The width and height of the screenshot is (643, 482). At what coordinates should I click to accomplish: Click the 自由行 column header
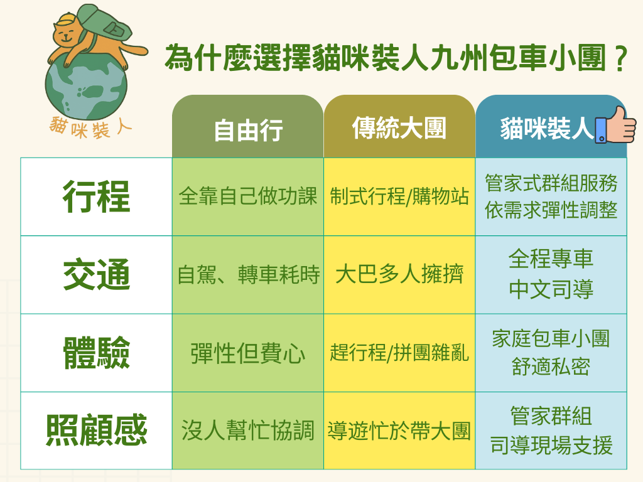coord(248,131)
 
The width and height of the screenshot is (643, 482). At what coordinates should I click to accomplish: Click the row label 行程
coord(97,196)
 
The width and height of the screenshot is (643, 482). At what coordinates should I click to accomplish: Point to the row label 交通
coord(97,275)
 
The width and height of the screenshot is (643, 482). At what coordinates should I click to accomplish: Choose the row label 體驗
coord(97,353)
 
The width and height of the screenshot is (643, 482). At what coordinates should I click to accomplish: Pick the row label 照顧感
coord(97,431)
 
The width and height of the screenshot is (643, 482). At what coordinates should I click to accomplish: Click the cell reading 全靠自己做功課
coord(248,196)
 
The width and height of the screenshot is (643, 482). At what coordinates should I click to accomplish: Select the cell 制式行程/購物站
coord(399,196)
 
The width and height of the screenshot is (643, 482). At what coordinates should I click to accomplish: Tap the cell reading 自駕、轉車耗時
coord(248,275)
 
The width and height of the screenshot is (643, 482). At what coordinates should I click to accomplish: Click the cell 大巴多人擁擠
coord(399,275)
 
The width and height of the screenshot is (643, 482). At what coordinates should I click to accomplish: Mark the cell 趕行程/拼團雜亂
coord(399,353)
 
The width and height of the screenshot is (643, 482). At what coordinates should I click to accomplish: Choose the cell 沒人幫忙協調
coord(248,431)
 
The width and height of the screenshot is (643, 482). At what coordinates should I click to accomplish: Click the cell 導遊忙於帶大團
coord(399,431)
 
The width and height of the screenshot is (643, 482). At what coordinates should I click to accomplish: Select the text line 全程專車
coord(551,259)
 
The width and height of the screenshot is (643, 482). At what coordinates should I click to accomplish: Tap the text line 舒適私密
coord(551,367)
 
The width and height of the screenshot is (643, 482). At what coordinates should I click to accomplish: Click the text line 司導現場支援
coord(551,446)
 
